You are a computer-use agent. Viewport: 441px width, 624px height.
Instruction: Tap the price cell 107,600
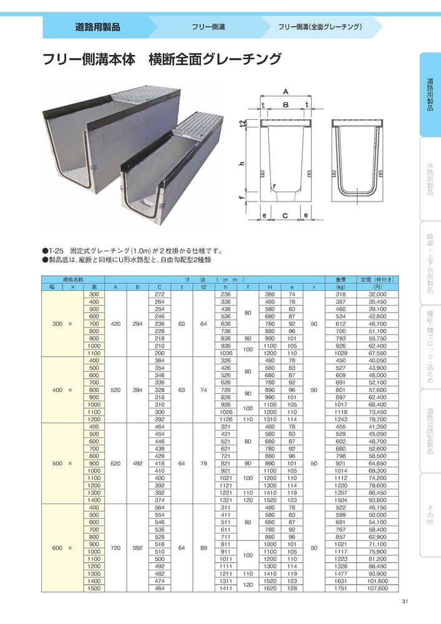(377, 588)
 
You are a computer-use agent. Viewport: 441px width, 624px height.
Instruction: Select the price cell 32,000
(377, 294)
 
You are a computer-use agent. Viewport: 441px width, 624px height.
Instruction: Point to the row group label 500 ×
(62, 463)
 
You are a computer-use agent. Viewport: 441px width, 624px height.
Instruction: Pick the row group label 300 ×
(62, 324)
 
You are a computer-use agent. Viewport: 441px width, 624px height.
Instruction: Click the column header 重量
(341, 280)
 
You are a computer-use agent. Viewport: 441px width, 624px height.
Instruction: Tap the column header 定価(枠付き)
(377, 280)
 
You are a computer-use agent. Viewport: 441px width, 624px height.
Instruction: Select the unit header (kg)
(341, 287)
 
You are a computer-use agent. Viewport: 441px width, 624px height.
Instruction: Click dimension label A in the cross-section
(286, 91)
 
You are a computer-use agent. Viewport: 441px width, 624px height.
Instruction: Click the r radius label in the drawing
(274, 186)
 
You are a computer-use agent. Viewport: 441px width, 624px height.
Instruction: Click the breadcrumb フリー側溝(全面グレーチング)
(320, 27)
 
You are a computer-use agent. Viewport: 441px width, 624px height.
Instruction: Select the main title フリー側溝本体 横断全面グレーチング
(162, 61)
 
